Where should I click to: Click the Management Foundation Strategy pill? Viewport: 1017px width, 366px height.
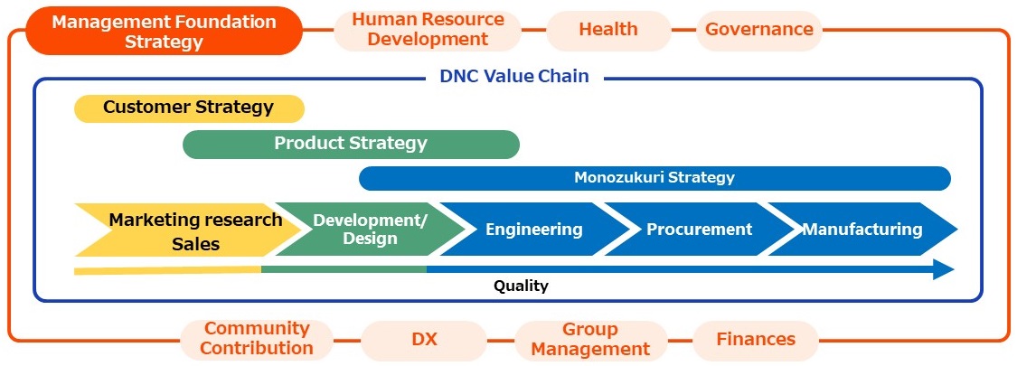(164, 31)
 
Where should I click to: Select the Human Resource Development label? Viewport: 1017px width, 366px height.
(428, 29)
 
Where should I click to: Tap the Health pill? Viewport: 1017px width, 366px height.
(608, 29)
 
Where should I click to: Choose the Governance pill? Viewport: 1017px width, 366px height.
(758, 29)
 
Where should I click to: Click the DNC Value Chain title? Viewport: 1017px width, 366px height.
(514, 76)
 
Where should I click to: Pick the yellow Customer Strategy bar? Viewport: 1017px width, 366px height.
(190, 108)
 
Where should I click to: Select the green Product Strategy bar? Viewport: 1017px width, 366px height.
(351, 144)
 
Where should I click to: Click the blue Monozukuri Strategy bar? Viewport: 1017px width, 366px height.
(654, 178)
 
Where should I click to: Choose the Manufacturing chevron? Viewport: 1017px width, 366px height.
(862, 229)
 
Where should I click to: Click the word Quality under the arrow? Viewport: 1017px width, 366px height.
(521, 286)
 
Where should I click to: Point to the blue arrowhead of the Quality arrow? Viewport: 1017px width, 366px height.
(944, 269)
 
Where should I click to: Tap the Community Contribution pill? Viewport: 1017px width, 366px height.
(256, 338)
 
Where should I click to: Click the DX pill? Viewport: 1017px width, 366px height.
(424, 340)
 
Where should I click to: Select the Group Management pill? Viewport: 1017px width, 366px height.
(590, 340)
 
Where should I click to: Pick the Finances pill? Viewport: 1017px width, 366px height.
(756, 340)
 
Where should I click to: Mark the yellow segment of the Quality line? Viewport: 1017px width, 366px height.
(167, 270)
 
